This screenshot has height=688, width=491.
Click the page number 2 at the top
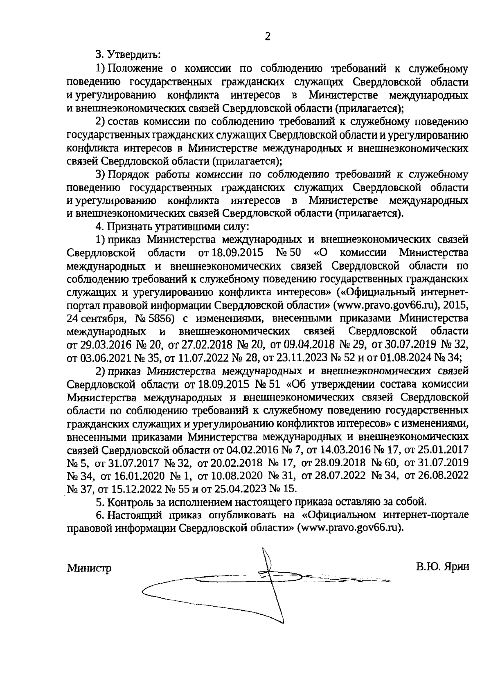pos(268,37)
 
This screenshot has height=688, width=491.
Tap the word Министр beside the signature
pos(89,568)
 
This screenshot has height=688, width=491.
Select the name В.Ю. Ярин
pos(441,567)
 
